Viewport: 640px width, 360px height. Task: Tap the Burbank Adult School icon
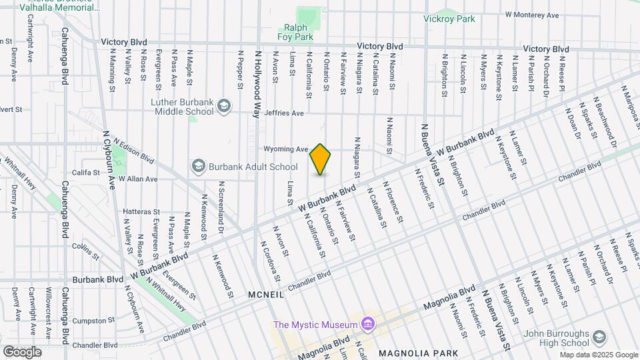click(198, 165)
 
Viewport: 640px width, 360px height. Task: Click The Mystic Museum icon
click(366, 325)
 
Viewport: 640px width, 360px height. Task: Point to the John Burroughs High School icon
click(598, 337)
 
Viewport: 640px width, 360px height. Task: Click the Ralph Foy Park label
click(298, 32)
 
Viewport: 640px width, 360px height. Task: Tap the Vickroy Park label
click(449, 19)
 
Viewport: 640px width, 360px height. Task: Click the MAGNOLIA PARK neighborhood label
click(418, 352)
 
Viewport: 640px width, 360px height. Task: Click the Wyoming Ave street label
click(285, 149)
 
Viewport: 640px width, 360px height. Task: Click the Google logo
click(22, 351)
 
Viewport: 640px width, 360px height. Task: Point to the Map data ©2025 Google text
click(598, 355)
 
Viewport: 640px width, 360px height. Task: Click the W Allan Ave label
click(138, 179)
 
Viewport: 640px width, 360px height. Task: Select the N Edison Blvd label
click(134, 152)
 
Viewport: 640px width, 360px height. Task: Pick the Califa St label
click(86, 172)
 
